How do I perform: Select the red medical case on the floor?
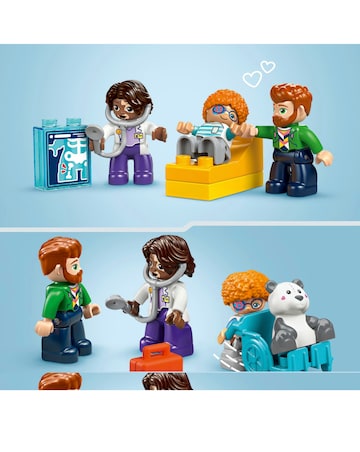(x=152, y=356)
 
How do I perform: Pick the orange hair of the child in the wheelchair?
(x=243, y=286)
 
